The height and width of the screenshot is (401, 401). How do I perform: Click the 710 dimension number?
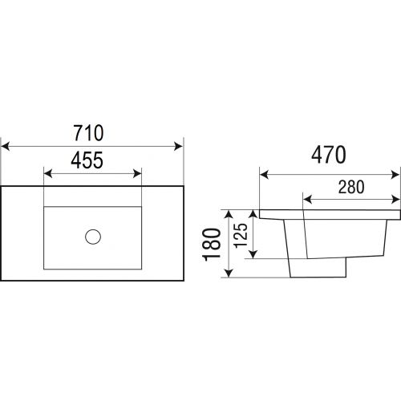coord(88,133)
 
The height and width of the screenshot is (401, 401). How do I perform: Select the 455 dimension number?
coord(87,160)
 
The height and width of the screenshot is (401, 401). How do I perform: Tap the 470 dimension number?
coord(329,155)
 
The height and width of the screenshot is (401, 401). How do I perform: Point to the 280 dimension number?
coord(351,187)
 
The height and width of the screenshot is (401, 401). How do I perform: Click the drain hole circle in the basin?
coord(93,237)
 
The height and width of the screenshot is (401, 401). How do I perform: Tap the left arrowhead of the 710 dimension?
coord(6,147)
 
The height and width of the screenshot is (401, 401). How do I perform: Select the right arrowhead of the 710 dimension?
coord(178,147)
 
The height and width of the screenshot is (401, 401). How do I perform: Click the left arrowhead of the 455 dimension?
coord(48,174)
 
